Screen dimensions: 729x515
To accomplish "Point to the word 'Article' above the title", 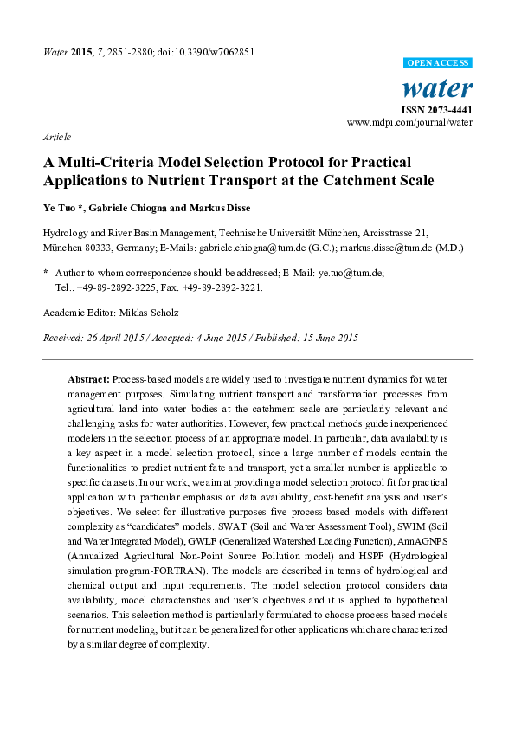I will tap(56, 138).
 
